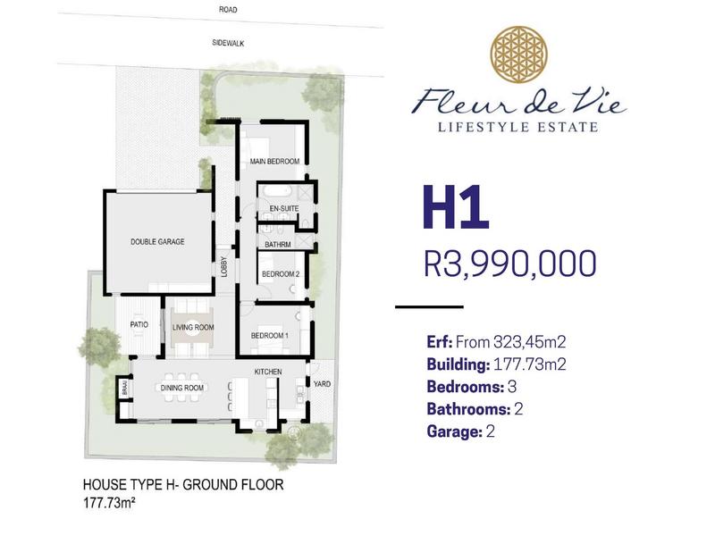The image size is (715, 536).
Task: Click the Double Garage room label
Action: [157, 241]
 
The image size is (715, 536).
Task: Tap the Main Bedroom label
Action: [274, 161]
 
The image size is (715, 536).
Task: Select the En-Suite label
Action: [284, 208]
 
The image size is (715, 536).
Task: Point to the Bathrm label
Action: [278, 244]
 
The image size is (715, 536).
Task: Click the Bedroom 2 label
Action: [281, 274]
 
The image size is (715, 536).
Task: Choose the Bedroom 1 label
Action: [270, 336]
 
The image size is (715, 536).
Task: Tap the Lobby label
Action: [223, 266]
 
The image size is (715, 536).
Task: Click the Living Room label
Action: [193, 327]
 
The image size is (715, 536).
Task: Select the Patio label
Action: [139, 324]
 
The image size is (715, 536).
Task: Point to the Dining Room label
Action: [182, 388]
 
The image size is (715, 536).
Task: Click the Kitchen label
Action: [268, 372]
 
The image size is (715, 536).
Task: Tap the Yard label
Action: [322, 384]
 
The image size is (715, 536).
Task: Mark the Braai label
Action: [124, 389]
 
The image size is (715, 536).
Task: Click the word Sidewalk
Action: [228, 43]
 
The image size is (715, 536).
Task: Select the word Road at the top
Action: [228, 9]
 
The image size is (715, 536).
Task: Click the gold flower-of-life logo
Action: [519, 54]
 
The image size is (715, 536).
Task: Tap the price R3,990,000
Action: [509, 263]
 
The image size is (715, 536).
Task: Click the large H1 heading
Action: [456, 207]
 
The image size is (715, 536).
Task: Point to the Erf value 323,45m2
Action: [529, 342]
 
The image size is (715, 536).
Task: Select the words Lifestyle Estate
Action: [518, 127]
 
